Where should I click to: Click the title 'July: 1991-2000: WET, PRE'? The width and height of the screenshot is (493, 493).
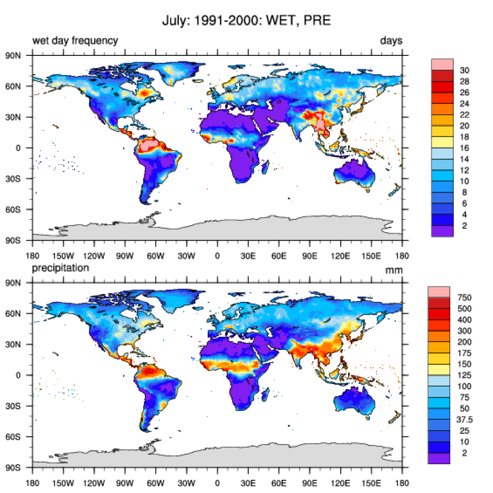point(246,22)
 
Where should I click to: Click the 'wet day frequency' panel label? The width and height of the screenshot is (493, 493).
point(75,41)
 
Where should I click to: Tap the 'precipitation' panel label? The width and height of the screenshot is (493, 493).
point(61,268)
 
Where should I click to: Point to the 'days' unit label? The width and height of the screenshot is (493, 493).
point(391,41)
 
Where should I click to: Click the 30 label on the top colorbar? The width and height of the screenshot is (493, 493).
point(465,70)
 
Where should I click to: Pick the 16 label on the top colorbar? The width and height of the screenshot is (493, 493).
point(465,149)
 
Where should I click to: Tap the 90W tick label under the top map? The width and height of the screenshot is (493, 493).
point(125,256)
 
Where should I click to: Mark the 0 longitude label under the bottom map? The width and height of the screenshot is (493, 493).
point(217,483)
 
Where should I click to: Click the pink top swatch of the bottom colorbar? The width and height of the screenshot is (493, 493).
point(439,291)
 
